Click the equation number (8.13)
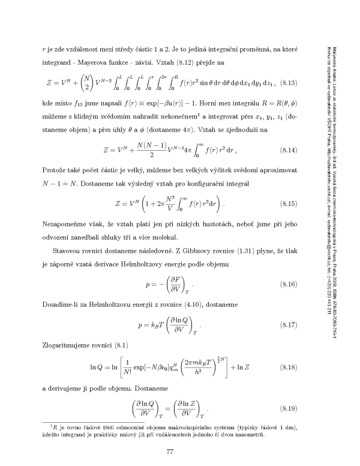[298, 82]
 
